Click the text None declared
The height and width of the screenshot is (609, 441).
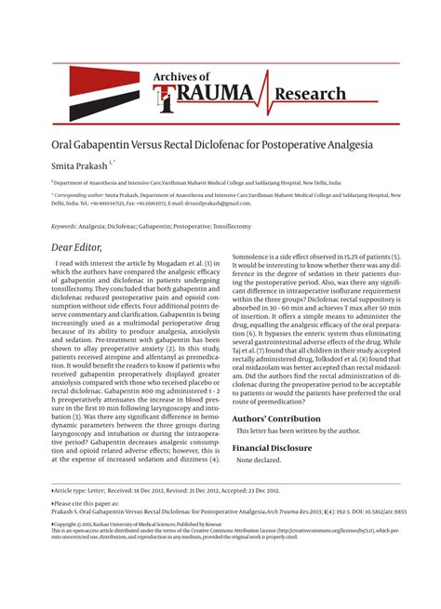click(259, 461)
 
